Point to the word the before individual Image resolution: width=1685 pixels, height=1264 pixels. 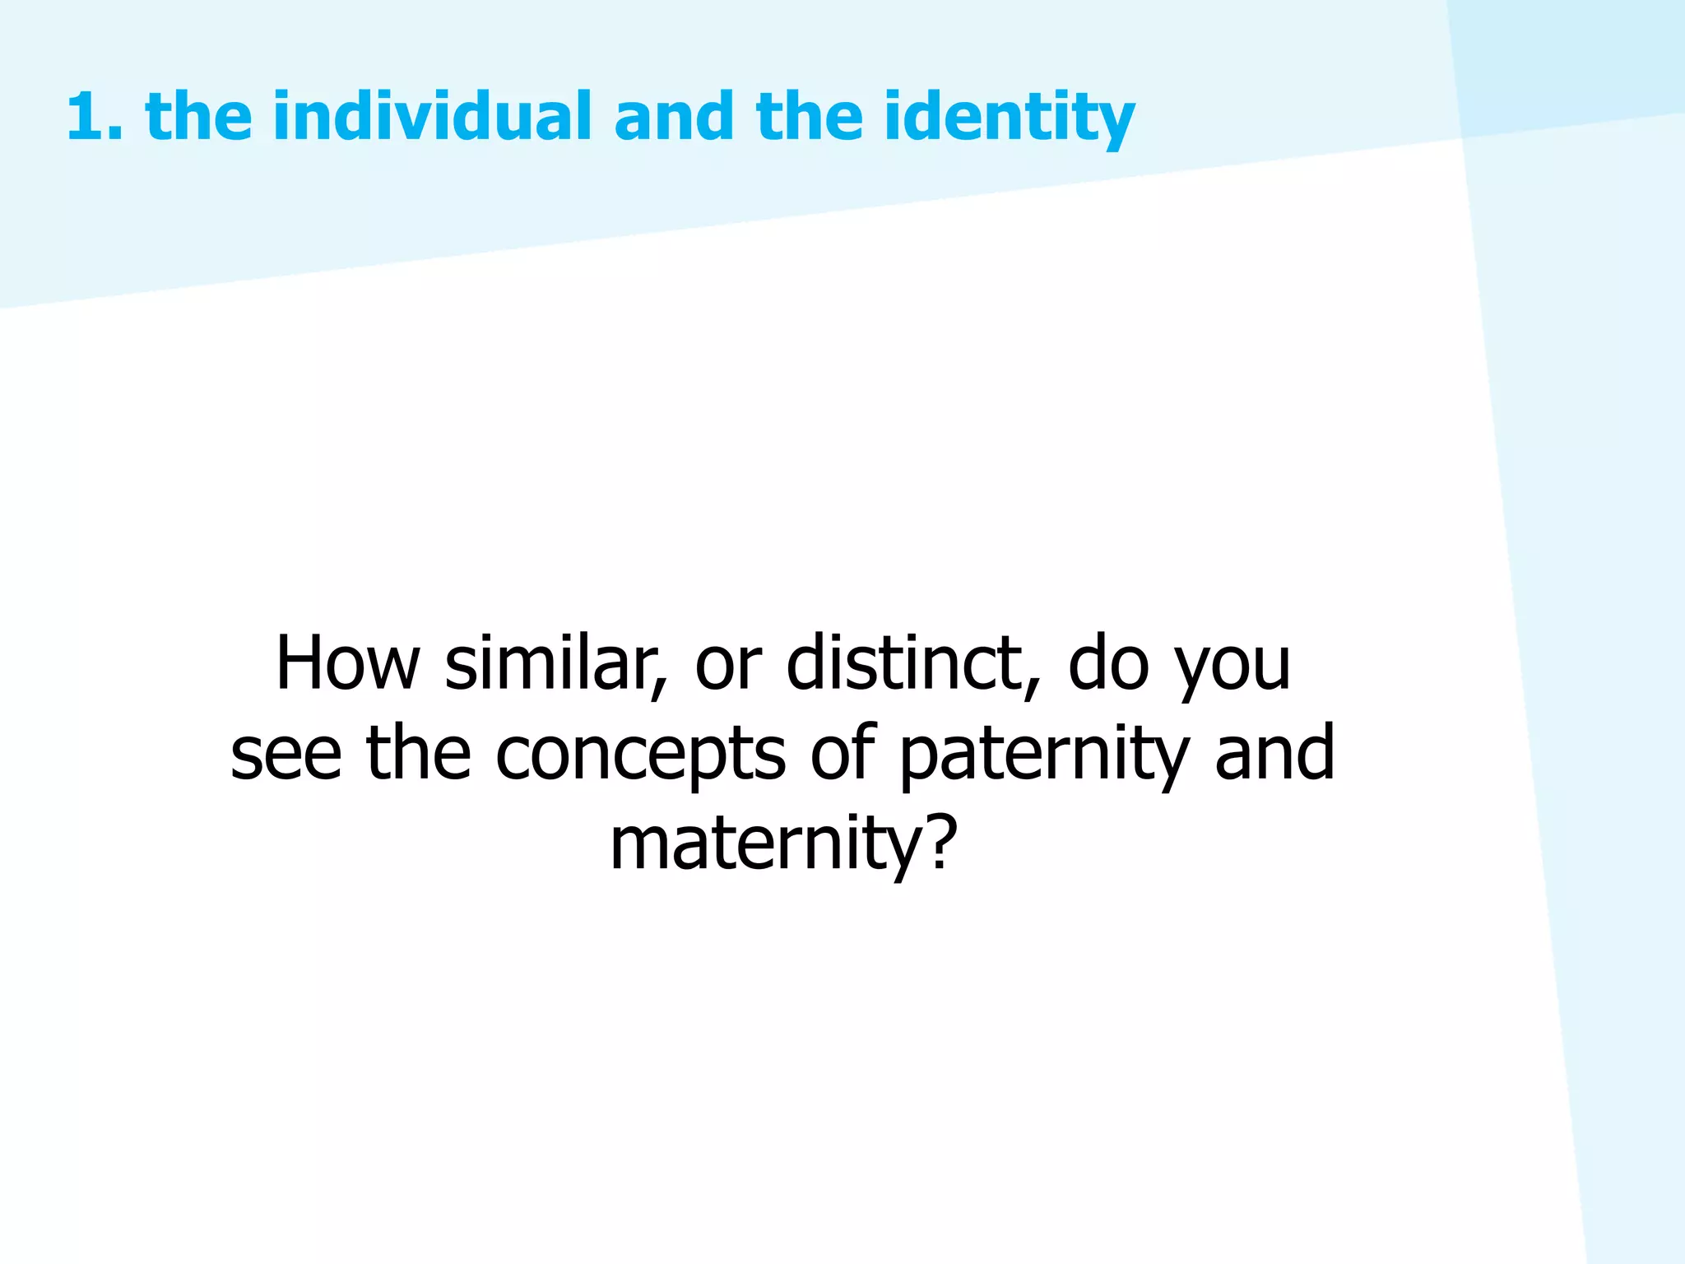[x=198, y=117]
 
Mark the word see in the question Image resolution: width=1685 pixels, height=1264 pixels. [x=285, y=755]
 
